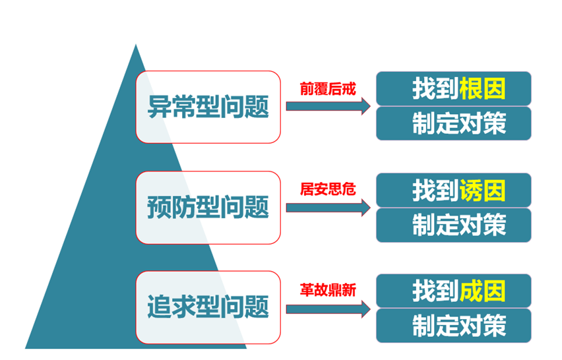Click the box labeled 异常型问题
coord(208,107)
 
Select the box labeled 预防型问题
coord(208,208)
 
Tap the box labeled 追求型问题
coord(208,307)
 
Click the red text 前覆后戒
coord(328,89)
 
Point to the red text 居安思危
coord(328,189)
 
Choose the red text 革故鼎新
coord(328,290)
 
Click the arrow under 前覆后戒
coord(328,106)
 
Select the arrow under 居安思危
coord(328,208)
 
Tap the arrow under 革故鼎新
coord(328,309)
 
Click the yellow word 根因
coord(482,88)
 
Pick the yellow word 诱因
coord(482,191)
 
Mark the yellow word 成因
coord(482,291)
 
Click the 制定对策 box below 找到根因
coord(454,123)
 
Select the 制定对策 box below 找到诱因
coord(454,225)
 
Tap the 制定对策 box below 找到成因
coord(454,326)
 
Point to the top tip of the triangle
coord(135,44)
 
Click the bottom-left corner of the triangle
coord(26,348)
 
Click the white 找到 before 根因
coord(436,88)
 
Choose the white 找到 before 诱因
coord(436,191)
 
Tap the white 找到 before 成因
coord(436,291)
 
